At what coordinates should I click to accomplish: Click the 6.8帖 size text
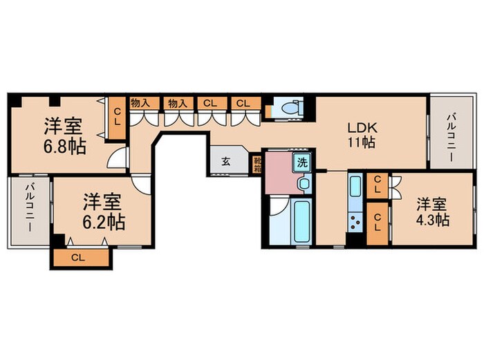click(63, 147)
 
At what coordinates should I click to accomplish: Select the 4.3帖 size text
click(432, 221)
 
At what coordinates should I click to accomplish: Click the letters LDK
click(362, 128)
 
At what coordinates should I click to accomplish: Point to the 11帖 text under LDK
click(362, 144)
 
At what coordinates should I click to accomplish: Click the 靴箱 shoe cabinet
click(257, 165)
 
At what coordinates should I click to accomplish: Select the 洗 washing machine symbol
click(302, 164)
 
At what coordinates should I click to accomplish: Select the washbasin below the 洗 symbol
click(302, 184)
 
